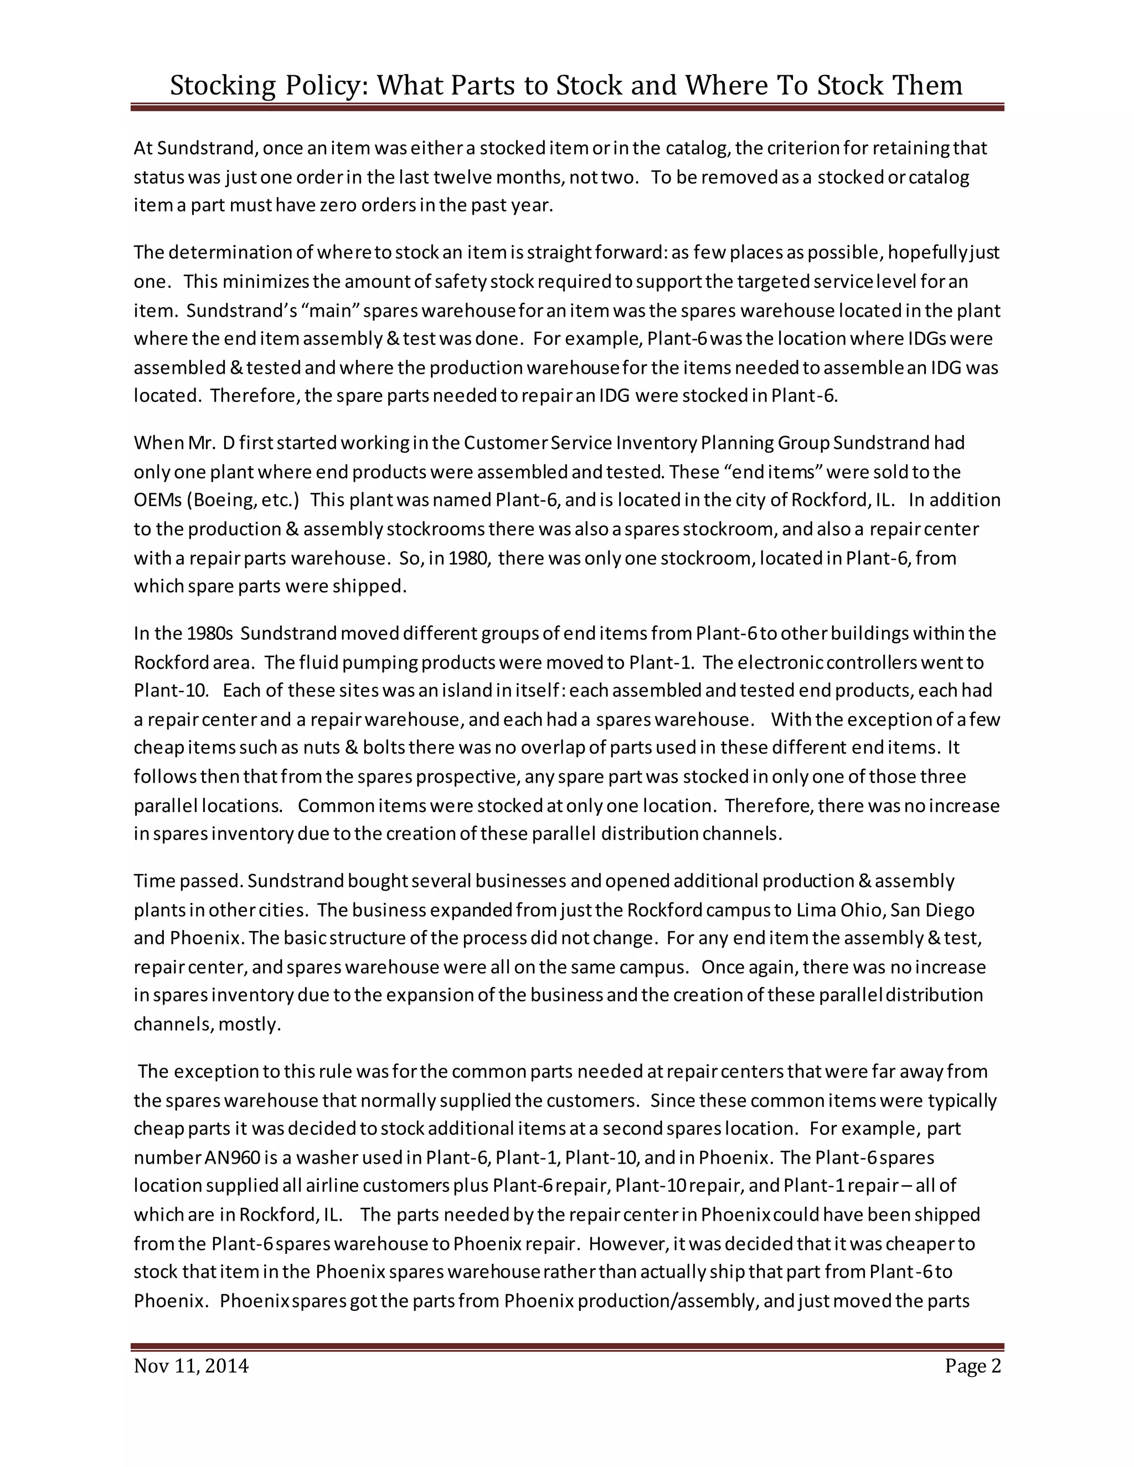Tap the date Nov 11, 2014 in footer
pos(191,1366)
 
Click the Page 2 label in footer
pos(972,1366)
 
